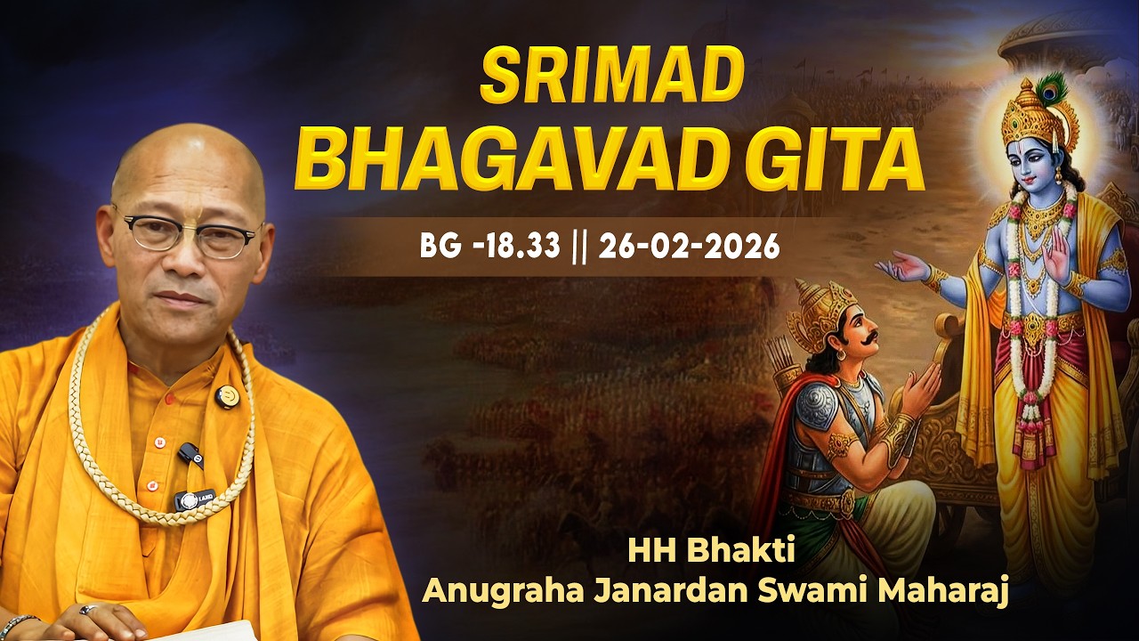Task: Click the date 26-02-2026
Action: [x=689, y=247]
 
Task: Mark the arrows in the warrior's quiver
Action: [x=788, y=355]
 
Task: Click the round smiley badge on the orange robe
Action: [x=227, y=394]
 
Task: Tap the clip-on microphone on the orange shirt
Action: [x=189, y=455]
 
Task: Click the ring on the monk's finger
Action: [x=88, y=611]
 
